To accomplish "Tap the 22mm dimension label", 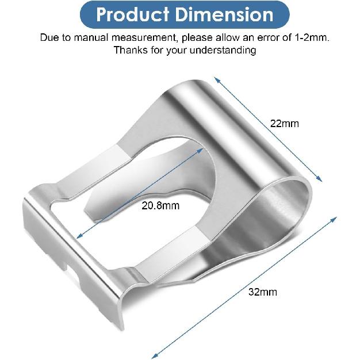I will [x=285, y=123].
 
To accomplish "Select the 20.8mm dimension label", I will [x=160, y=205].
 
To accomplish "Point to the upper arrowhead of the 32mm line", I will [x=336, y=218].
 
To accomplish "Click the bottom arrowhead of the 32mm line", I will [x=154, y=357].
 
